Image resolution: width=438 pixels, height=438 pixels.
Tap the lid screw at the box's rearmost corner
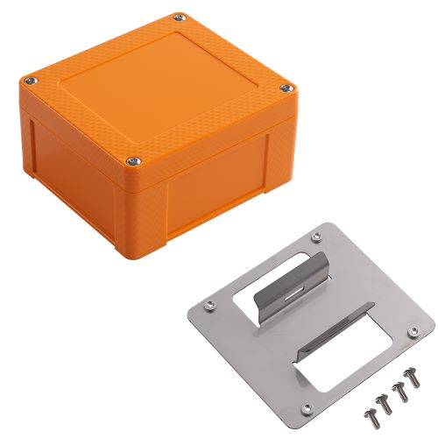point(180,16)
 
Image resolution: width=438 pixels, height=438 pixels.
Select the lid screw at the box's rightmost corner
point(286,87)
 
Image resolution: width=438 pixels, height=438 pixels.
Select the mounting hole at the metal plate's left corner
point(208,305)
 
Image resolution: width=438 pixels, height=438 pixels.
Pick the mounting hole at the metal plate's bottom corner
point(306,406)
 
